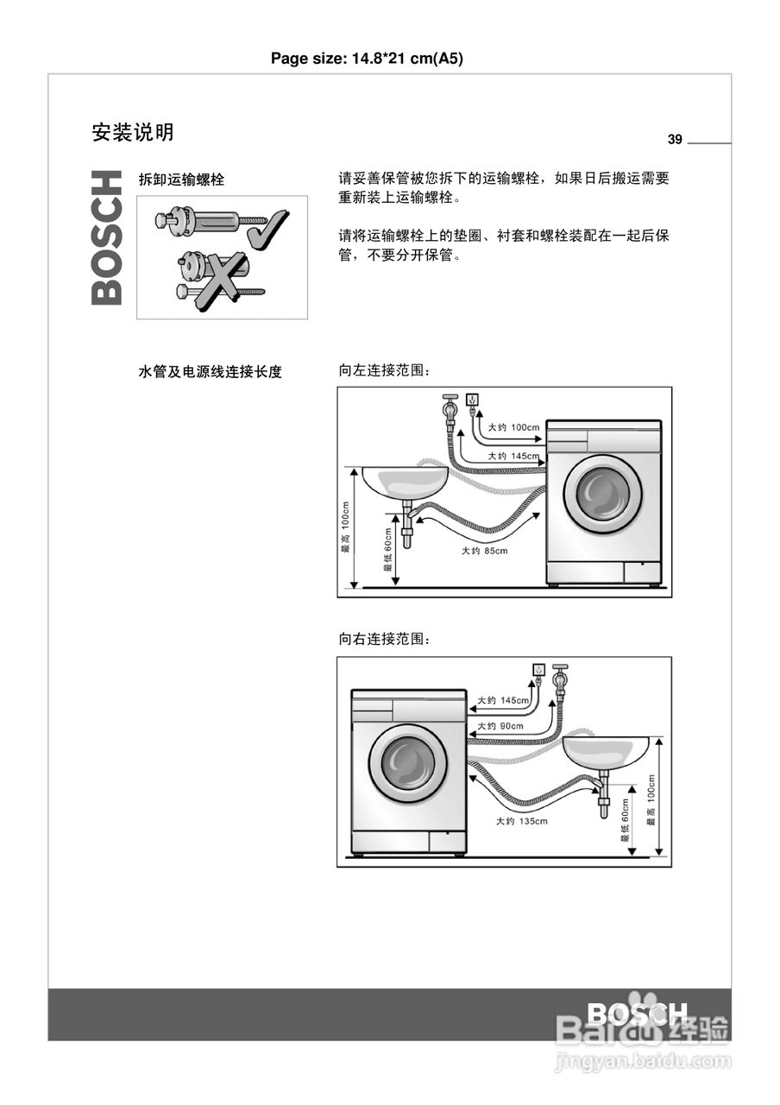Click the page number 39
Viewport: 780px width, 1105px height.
[x=675, y=140]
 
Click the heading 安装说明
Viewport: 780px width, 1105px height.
[x=133, y=132]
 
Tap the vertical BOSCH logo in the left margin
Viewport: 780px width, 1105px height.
[x=107, y=237]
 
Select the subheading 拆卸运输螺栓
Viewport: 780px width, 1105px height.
[x=181, y=180]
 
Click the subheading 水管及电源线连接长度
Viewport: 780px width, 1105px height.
[x=211, y=372]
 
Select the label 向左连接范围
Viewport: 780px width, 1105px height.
[x=383, y=371]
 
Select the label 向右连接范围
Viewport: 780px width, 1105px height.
[x=383, y=640]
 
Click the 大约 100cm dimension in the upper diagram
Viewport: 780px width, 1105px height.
[x=513, y=427]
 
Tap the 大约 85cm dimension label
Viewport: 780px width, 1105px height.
[x=484, y=551]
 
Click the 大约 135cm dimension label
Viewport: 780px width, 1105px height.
[x=521, y=821]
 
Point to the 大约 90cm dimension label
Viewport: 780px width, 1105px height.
[x=500, y=726]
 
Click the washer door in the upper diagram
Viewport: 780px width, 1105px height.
[x=602, y=494]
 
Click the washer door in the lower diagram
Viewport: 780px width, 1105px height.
[x=407, y=763]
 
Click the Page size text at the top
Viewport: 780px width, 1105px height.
[x=369, y=59]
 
